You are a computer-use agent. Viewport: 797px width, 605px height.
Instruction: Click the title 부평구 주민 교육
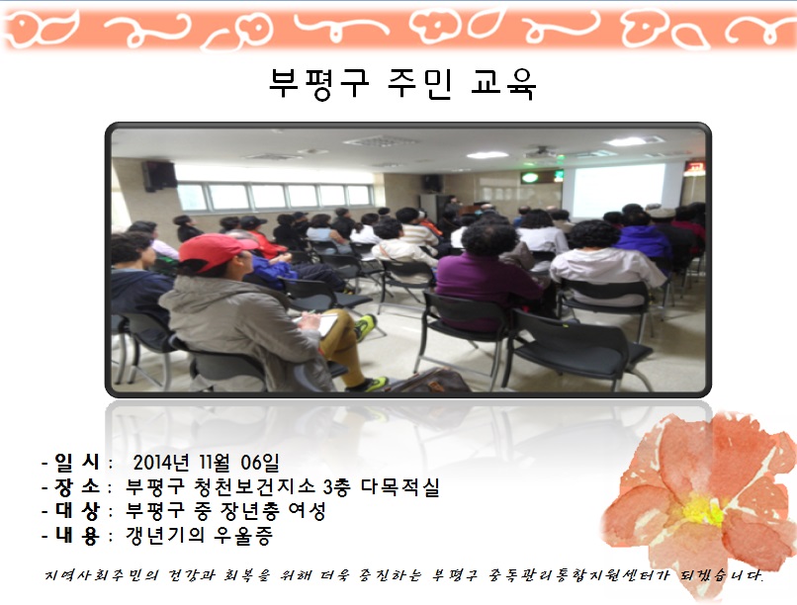click(402, 83)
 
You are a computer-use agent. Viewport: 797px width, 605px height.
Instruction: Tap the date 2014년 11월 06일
click(206, 463)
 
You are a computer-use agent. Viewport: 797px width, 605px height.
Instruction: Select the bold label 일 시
click(77, 462)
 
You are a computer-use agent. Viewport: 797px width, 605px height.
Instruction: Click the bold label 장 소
click(77, 486)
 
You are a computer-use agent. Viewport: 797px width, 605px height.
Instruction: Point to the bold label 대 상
click(77, 510)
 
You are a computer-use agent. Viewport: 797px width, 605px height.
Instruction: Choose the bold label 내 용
click(77, 535)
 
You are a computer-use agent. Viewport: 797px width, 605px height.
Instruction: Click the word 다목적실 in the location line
click(399, 487)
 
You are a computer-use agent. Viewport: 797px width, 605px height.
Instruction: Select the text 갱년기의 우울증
click(200, 535)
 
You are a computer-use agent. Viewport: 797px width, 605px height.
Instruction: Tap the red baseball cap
click(216, 251)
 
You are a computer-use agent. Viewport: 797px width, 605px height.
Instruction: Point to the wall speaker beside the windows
click(159, 176)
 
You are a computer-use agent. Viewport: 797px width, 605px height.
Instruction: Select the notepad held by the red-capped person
click(319, 323)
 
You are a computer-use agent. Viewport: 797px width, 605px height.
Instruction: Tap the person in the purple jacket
click(487, 274)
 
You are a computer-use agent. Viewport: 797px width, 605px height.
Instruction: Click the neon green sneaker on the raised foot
click(364, 326)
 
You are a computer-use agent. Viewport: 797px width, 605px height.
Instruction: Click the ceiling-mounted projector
click(540, 151)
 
